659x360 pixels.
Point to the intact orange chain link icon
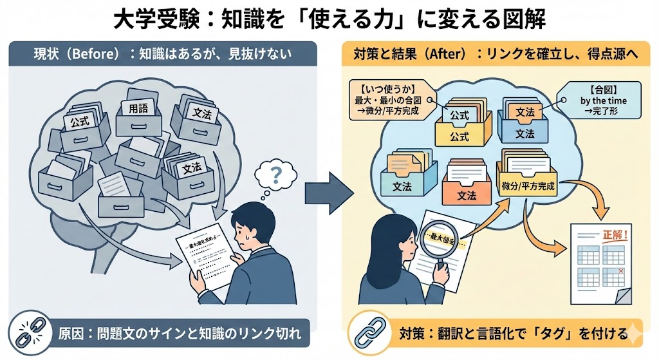(364, 333)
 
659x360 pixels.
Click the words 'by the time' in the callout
(603, 101)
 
